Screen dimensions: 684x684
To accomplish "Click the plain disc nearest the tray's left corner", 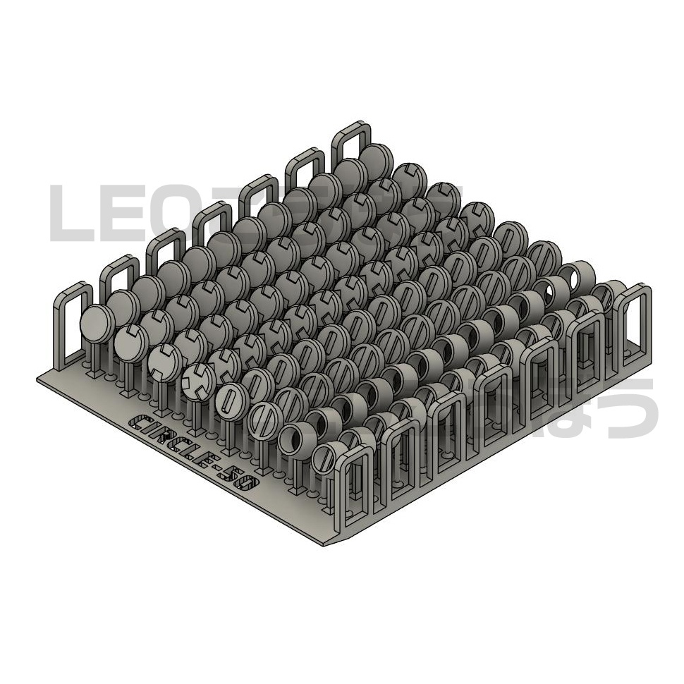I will pyautogui.click(x=97, y=323).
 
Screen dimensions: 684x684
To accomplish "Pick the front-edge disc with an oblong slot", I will pyautogui.click(x=230, y=399).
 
